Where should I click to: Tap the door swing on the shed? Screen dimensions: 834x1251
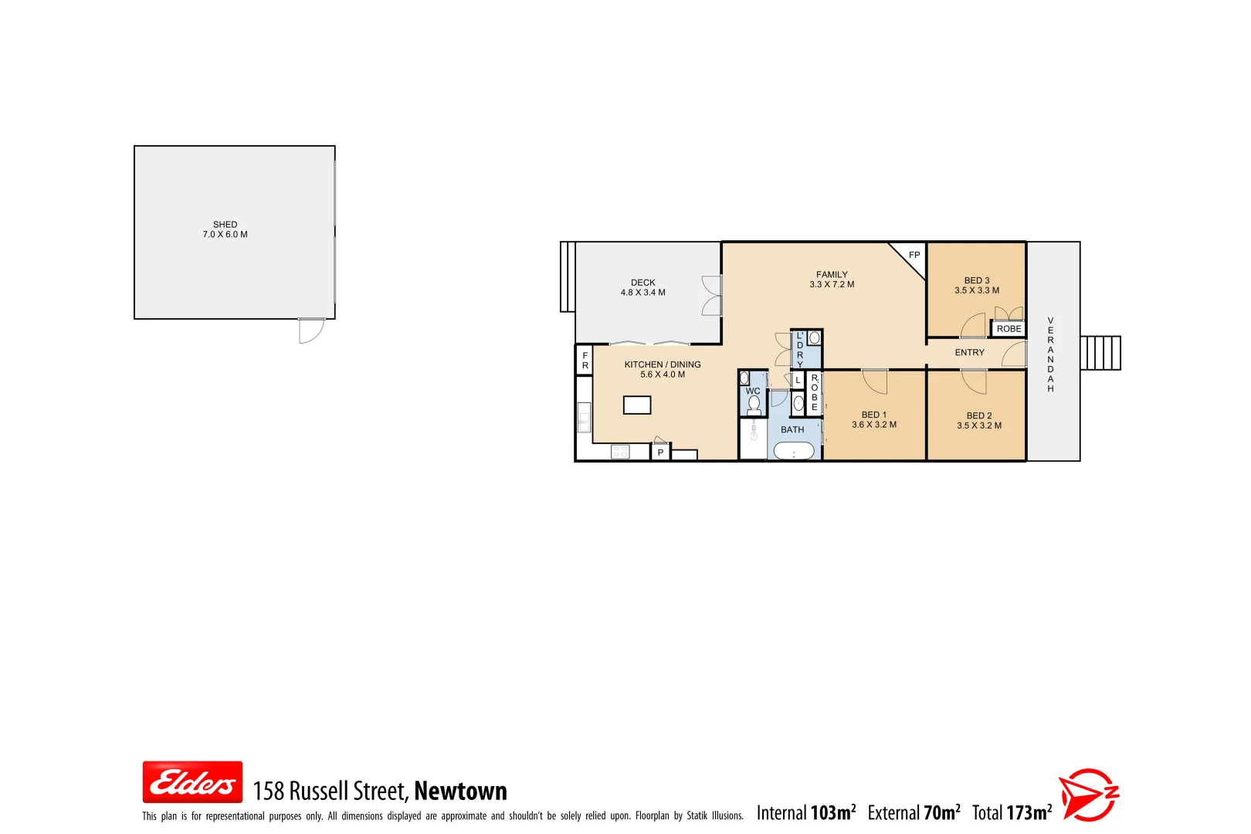point(311,331)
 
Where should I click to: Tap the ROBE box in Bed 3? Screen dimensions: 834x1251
point(1009,329)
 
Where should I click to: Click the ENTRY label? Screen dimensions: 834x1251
point(969,353)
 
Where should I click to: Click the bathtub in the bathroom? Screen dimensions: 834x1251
point(794,452)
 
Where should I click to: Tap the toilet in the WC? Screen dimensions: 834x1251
point(754,405)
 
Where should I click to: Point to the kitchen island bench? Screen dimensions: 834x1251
point(637,405)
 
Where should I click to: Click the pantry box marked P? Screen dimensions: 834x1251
point(660,453)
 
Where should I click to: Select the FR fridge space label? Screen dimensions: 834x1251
point(585,361)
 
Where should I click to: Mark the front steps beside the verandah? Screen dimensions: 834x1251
point(1100,353)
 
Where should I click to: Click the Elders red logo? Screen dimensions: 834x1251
point(192,782)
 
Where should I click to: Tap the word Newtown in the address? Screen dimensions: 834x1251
point(460,791)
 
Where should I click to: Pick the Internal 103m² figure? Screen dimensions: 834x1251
point(805,813)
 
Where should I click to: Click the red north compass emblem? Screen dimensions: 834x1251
point(1088,795)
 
